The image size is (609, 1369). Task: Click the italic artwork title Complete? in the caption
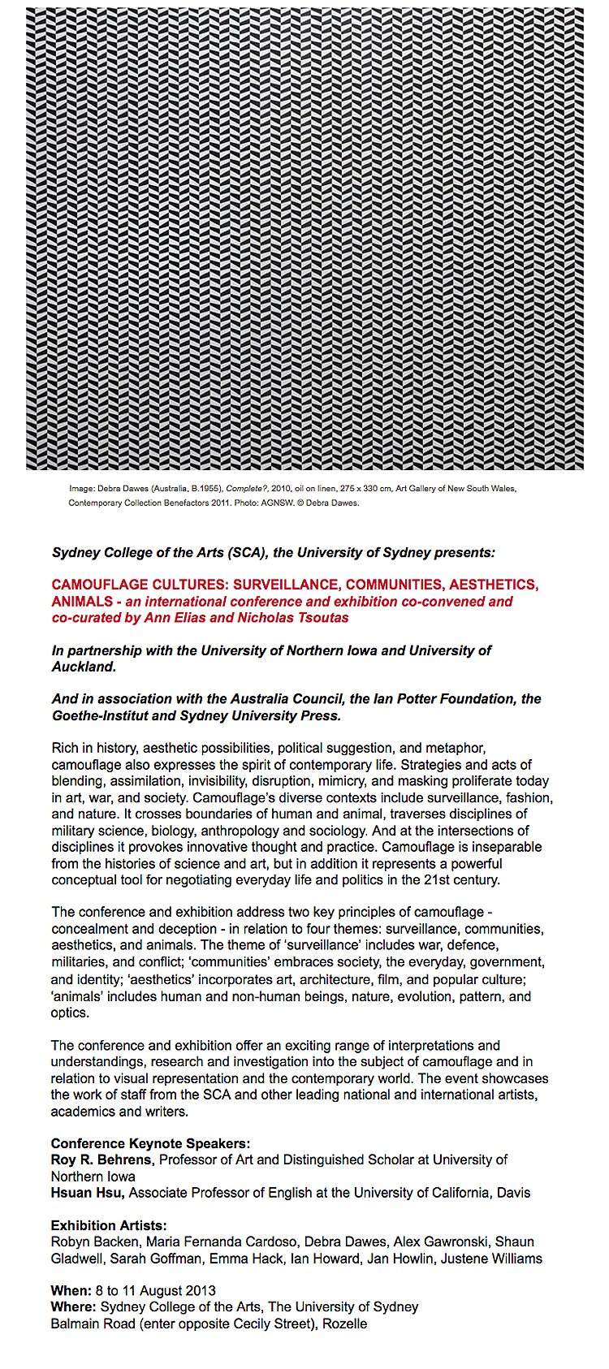[x=244, y=489]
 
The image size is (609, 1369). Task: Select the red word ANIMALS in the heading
[x=82, y=602]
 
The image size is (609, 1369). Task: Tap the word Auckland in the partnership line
[x=83, y=667]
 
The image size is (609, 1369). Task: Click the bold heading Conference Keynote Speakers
[x=150, y=1144]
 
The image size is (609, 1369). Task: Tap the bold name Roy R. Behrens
[x=101, y=1160]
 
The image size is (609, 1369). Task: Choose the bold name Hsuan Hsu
[x=88, y=1193]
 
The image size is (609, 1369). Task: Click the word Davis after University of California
[x=512, y=1193]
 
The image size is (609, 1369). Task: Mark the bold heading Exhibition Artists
[x=109, y=1225]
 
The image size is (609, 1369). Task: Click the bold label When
[x=71, y=1291]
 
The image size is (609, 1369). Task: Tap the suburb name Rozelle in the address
[x=345, y=1324]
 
